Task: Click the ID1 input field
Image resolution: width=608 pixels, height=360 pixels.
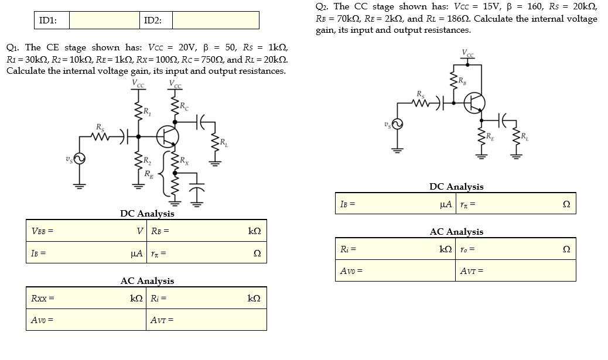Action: point(104,20)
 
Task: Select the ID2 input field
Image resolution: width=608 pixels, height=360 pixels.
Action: point(216,20)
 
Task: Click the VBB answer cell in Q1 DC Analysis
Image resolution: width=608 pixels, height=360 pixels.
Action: point(94,231)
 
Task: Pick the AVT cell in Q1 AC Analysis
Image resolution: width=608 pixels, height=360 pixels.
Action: point(206,320)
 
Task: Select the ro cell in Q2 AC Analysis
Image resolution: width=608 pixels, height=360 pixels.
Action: point(515,249)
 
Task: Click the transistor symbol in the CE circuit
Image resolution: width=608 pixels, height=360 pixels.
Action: point(168,137)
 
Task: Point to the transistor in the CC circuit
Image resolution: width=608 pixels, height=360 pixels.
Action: point(474,103)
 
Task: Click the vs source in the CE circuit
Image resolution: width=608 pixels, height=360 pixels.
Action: point(78,159)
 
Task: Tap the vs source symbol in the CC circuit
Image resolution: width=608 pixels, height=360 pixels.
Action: point(397,124)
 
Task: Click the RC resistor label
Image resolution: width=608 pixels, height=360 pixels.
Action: point(185,107)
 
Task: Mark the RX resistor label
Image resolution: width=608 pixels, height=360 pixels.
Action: point(185,160)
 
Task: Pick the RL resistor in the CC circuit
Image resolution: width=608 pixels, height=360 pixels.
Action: point(516,139)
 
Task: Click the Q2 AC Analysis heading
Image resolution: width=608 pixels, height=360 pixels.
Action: point(456,232)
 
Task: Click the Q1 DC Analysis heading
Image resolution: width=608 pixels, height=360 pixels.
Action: point(147,214)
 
